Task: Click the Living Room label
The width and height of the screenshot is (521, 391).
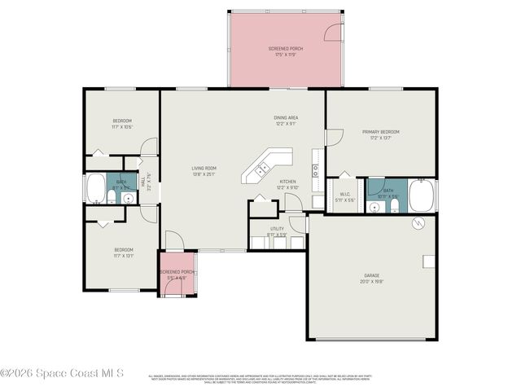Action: tap(202, 169)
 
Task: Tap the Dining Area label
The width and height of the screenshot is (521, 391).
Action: tap(285, 117)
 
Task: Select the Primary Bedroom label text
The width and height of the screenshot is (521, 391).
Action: tap(380, 132)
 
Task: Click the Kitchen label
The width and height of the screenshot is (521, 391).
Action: tap(287, 182)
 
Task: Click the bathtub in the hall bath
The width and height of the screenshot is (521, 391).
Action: tap(95, 188)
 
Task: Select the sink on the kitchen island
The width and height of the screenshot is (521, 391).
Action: tap(263, 169)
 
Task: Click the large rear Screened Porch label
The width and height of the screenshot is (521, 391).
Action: tap(285, 49)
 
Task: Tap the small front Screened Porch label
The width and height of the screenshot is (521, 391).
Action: tap(177, 272)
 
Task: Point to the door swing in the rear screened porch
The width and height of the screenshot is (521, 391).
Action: tap(331, 33)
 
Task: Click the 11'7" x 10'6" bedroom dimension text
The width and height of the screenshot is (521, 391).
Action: tap(122, 127)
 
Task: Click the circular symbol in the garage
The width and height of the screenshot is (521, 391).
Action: tap(418, 224)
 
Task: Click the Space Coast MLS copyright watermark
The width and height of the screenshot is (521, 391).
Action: tap(62, 373)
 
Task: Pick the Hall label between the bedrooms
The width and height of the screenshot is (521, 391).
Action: tap(143, 184)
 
